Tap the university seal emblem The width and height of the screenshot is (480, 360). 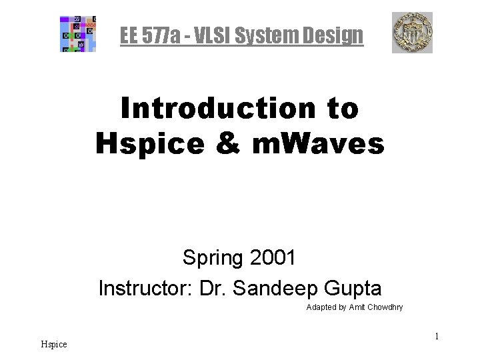[x=411, y=33]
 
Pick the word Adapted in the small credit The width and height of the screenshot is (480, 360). [x=321, y=307]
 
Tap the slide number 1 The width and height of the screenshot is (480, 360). [x=436, y=337]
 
